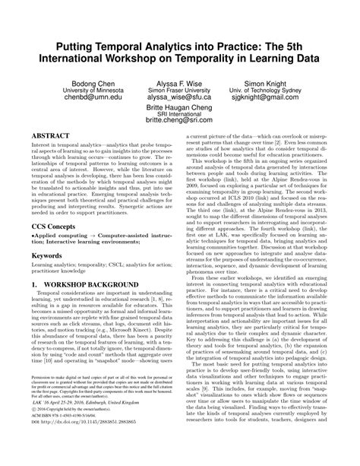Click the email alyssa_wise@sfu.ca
point(179,98)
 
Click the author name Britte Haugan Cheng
point(180,108)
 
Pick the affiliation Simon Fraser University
point(179,90)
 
